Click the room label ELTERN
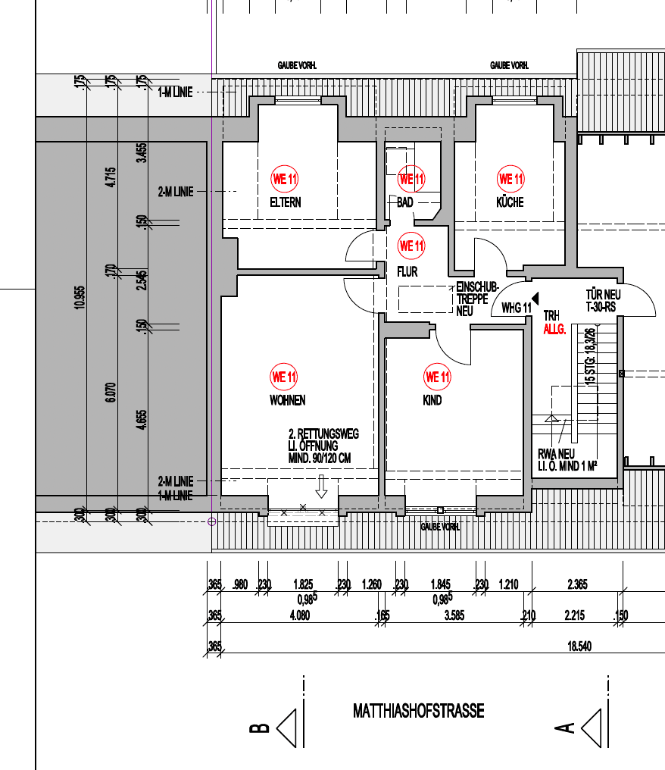(x=286, y=202)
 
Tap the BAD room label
(x=405, y=202)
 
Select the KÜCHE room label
(x=510, y=202)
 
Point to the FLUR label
(x=407, y=271)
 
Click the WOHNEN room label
(x=287, y=400)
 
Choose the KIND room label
(x=432, y=400)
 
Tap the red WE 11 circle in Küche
(x=510, y=180)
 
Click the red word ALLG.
(x=554, y=330)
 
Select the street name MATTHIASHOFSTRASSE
(x=418, y=711)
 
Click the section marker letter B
(x=259, y=728)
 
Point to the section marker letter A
(x=564, y=728)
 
